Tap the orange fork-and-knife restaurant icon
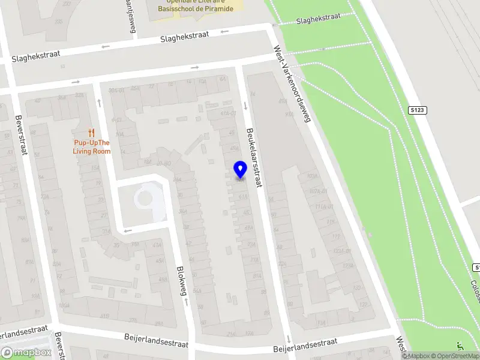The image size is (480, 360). (x=91, y=133)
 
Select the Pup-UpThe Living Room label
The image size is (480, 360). (x=92, y=147)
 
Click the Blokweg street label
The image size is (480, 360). (x=181, y=280)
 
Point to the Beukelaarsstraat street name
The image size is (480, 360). (x=254, y=157)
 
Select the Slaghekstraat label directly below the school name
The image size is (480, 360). (x=184, y=37)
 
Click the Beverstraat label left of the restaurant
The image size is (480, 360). (x=21, y=134)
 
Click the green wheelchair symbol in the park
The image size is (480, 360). (x=461, y=346)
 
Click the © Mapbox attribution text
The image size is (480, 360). (x=418, y=356)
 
